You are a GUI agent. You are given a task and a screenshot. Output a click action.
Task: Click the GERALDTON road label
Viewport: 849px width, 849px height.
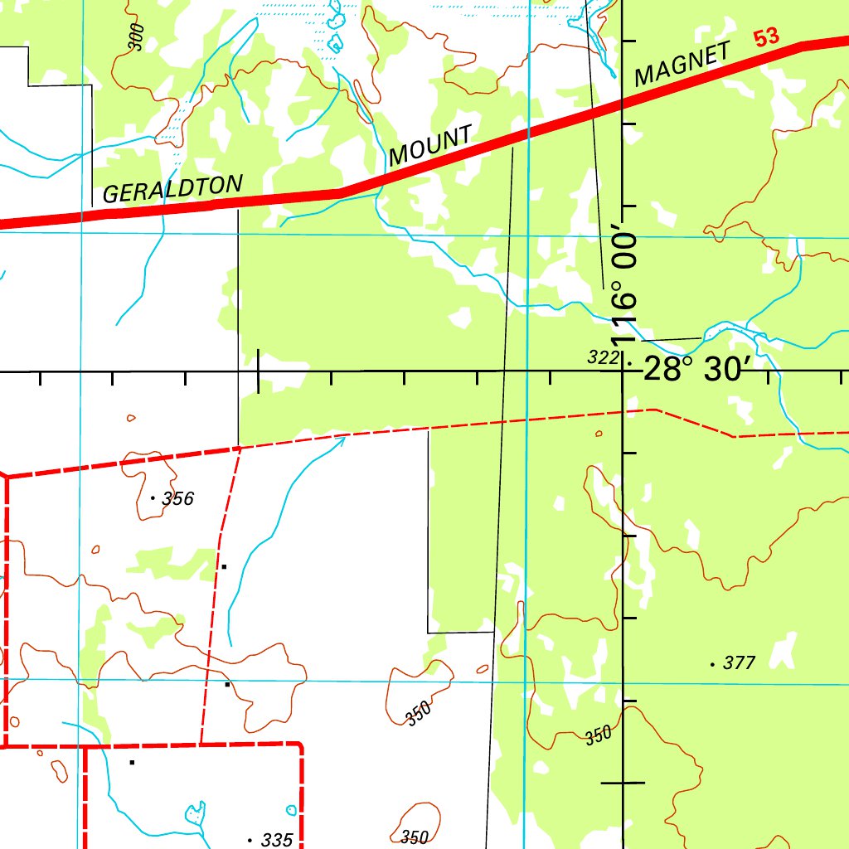(172, 188)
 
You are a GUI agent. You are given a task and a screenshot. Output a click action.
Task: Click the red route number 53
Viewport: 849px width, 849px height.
(767, 38)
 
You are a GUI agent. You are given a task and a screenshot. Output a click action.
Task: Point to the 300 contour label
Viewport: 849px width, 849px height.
(137, 38)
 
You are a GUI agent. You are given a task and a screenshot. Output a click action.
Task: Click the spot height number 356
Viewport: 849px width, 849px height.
(178, 498)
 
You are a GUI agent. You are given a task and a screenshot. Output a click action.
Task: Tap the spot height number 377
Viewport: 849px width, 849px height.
(740, 663)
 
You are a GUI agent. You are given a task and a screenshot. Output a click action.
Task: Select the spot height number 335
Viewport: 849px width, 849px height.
(276, 840)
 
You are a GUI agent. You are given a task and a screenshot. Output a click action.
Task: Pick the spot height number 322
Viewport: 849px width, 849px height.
(603, 358)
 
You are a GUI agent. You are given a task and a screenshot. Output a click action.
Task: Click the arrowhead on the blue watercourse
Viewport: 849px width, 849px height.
(341, 441)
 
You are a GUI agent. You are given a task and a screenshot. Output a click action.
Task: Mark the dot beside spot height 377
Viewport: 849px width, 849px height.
(712, 664)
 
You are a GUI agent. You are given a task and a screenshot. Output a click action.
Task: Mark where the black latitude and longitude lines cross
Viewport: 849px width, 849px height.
(623, 371)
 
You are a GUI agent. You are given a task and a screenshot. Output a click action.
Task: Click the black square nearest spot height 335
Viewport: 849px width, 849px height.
(132, 761)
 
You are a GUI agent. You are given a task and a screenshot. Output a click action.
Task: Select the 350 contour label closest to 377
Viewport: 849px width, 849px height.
(599, 735)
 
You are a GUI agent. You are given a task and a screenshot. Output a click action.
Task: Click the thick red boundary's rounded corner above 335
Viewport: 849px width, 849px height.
(298, 746)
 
